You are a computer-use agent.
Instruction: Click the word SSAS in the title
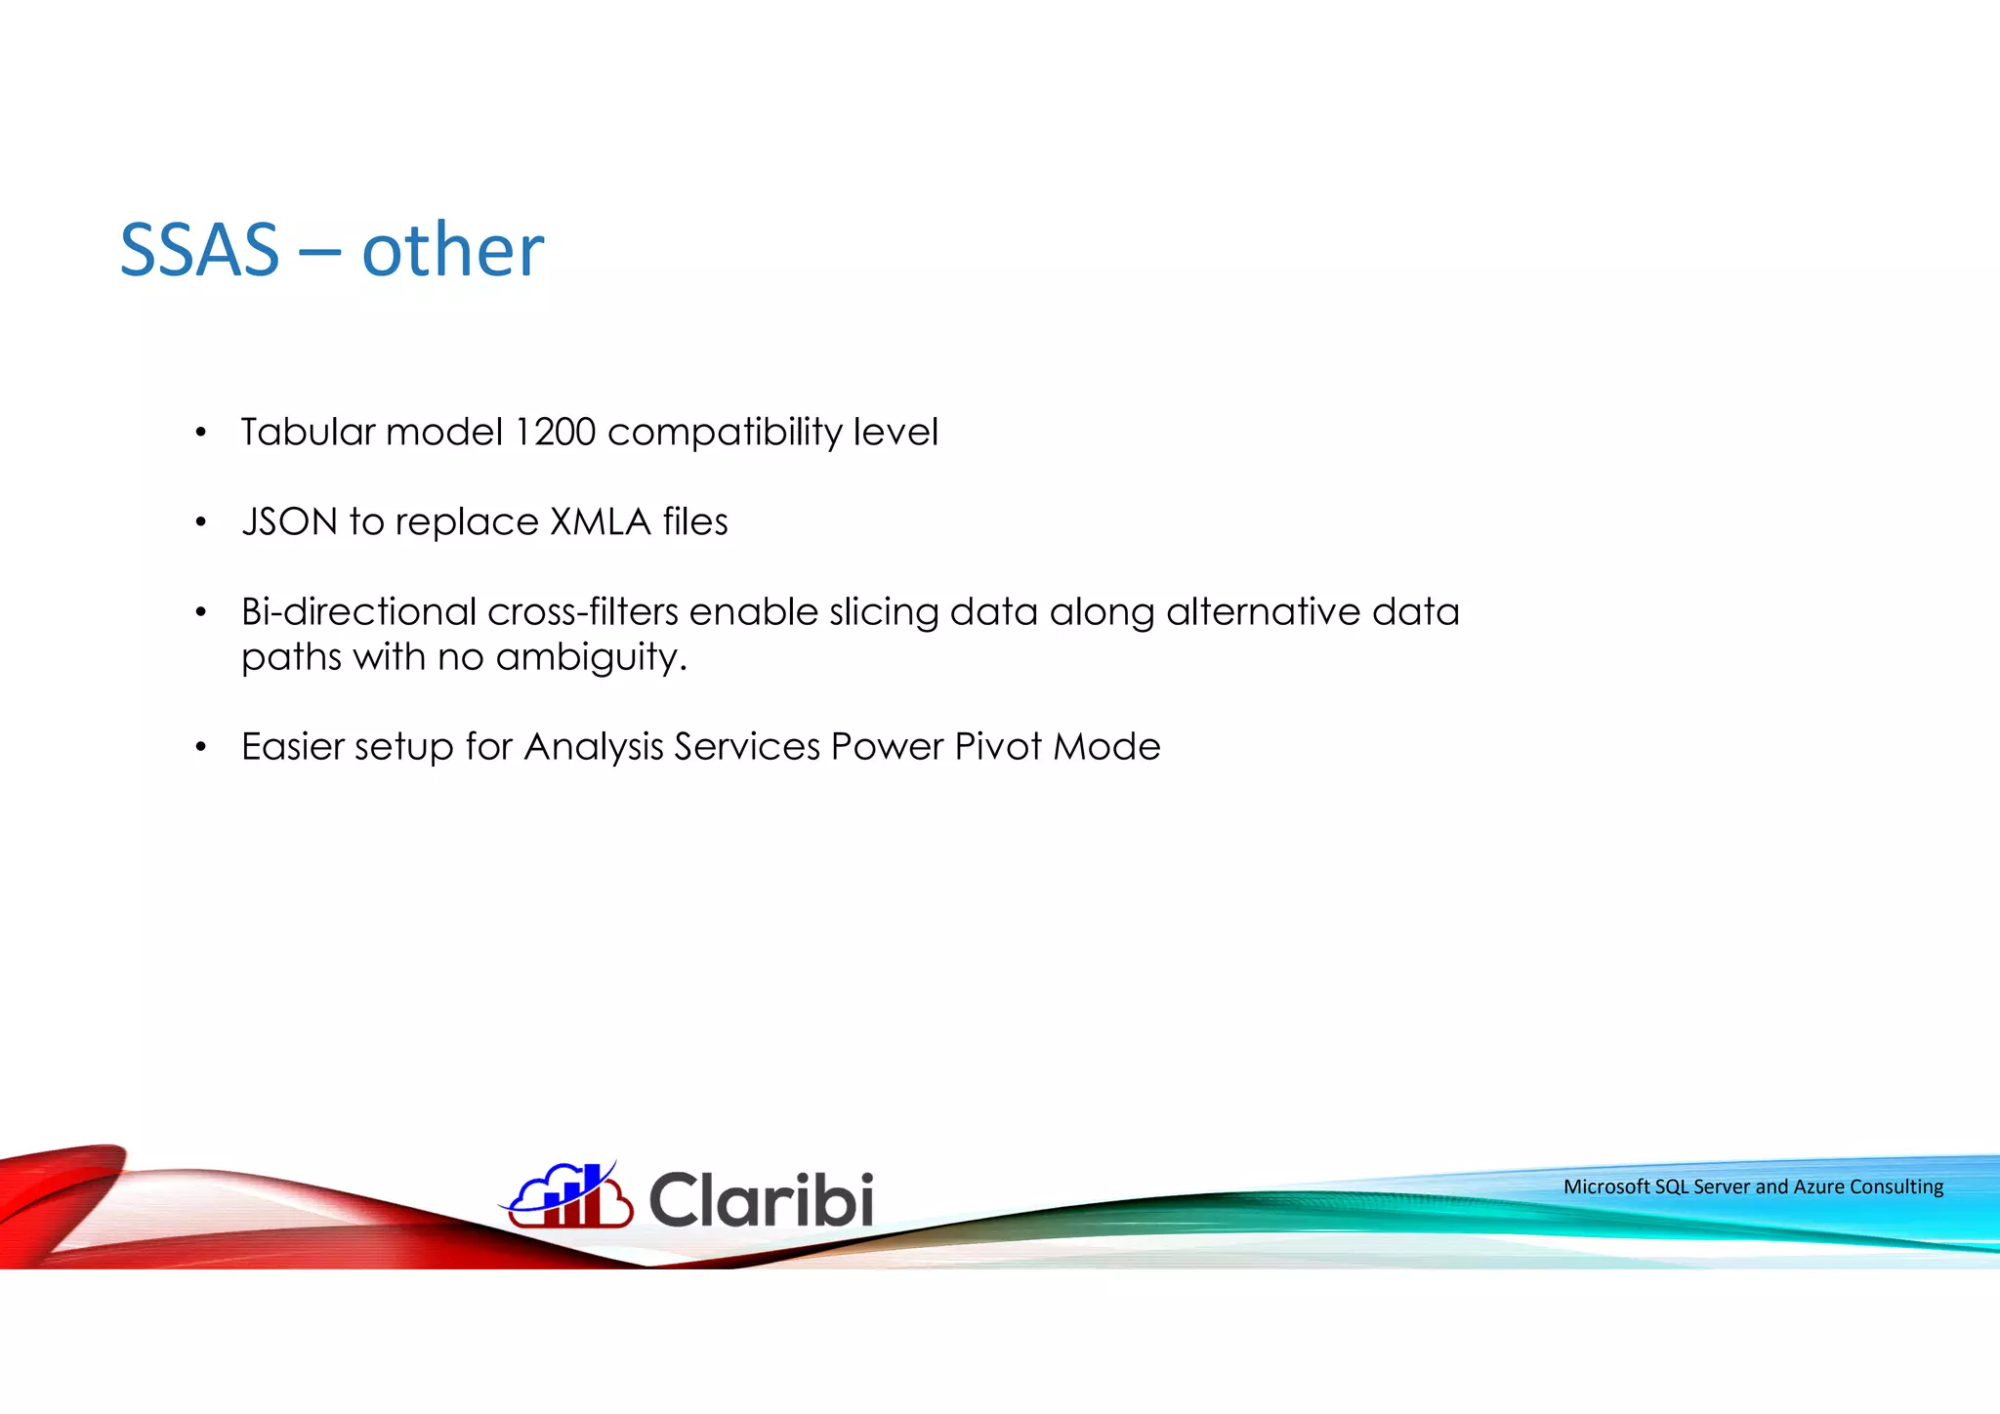[199, 250]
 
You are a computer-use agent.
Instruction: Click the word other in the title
[452, 250]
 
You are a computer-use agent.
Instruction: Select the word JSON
[290, 521]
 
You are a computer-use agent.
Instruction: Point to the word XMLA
[600, 521]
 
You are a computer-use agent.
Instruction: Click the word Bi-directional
[358, 612]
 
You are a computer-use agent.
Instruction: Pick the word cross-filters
[582, 612]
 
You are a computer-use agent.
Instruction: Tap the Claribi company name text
[761, 1199]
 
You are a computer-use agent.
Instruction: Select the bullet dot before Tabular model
[201, 433]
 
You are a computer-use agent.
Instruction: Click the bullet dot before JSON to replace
[201, 522]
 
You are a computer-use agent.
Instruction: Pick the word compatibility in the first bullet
[725, 432]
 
